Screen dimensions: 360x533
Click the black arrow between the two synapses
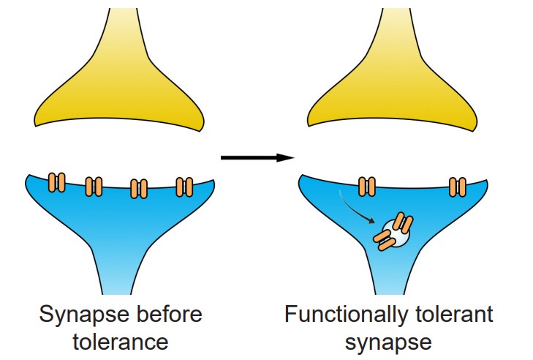pos(256,157)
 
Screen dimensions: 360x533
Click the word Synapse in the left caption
pos(79,315)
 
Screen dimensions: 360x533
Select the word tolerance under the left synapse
pos(121,342)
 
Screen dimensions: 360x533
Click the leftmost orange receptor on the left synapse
pos(56,182)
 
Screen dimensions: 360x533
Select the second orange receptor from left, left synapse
pos(94,187)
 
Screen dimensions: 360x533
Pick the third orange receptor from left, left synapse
pos(138,188)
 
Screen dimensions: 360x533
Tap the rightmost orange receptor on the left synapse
pos(184,187)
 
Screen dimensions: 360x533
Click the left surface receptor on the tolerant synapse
pos(367,187)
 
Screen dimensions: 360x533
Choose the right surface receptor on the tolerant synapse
pos(458,187)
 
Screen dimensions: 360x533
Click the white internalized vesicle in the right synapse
pos(396,234)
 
